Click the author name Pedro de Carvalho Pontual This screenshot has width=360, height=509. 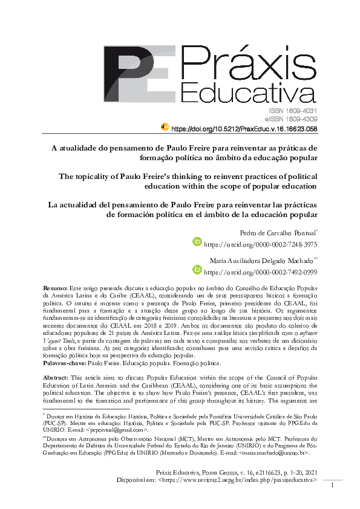266,232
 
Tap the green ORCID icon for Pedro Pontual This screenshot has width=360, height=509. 196,242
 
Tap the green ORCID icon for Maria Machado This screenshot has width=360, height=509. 196,270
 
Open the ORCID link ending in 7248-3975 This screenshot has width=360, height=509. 261,243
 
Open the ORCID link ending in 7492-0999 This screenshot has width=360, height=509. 261,271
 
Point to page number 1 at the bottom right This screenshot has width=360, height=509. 333,485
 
